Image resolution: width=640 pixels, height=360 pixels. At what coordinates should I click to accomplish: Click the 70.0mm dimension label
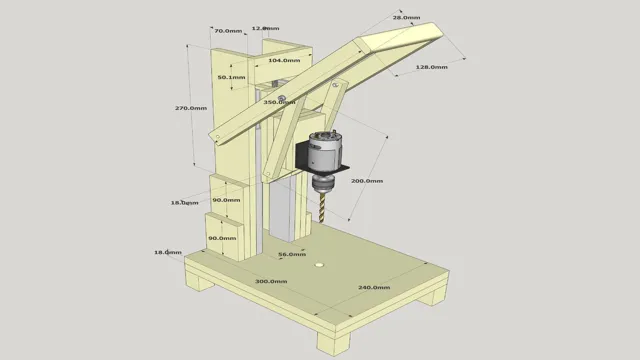click(228, 31)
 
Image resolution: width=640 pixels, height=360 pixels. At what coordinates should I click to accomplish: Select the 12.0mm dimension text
click(265, 28)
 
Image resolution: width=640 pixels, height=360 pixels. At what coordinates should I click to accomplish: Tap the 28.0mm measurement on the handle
click(406, 18)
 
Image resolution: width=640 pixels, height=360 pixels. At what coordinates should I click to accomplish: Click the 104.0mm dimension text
click(284, 60)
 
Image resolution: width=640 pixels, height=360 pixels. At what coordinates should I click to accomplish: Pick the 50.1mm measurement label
click(232, 77)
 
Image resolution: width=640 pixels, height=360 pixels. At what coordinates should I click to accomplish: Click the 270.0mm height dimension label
click(190, 108)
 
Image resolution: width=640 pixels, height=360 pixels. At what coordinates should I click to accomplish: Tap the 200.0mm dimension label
click(368, 181)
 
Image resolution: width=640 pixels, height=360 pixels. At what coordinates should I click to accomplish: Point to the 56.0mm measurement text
click(291, 255)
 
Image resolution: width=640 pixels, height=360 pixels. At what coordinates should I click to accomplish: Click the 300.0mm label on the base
click(270, 282)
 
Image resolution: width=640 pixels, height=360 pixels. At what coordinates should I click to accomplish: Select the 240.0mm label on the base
click(374, 287)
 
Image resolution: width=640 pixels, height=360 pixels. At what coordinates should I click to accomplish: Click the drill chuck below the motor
click(323, 183)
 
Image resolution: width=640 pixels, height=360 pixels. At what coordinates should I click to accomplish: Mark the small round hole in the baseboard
click(319, 265)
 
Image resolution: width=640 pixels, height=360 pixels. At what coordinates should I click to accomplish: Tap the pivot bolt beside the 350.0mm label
click(283, 97)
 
